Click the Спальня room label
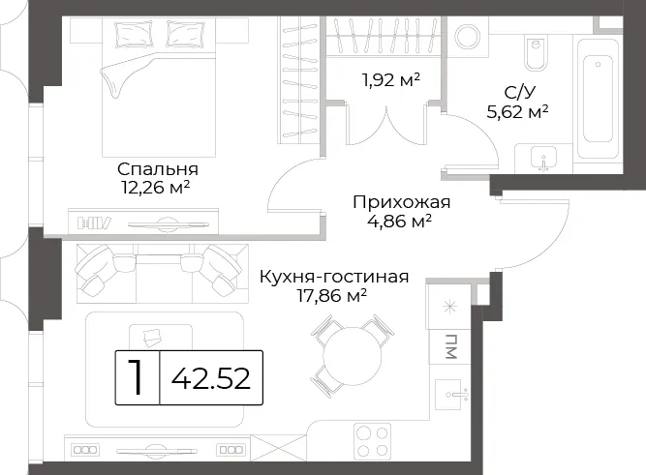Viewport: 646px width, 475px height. click(158, 169)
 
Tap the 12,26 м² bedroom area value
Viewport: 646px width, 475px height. click(155, 188)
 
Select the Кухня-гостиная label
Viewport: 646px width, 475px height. click(334, 277)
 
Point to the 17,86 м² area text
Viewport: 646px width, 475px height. click(332, 295)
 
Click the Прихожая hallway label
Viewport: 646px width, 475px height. click(402, 202)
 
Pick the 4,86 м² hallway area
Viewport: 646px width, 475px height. click(400, 221)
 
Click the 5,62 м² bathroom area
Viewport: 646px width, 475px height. click(517, 111)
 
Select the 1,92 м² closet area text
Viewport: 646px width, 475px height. click(391, 80)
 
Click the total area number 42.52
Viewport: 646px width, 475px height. click(211, 378)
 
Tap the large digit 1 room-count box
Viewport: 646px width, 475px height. click(137, 377)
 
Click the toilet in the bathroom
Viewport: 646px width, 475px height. click(536, 52)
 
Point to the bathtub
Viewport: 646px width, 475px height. click(599, 100)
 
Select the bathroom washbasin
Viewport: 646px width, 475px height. click(544, 159)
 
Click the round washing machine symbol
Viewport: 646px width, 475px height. click(468, 36)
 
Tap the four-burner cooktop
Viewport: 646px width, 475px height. click(373, 441)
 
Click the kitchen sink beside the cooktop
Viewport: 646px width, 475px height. click(452, 396)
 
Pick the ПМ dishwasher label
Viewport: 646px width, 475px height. click(451, 346)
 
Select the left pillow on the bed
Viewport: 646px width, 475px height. click(129, 34)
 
